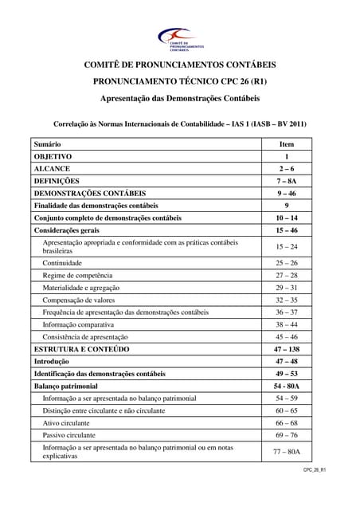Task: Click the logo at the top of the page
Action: pyautogui.click(x=180, y=37)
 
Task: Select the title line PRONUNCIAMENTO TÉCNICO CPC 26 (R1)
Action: pyautogui.click(x=179, y=82)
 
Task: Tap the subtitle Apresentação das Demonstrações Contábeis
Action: pyautogui.click(x=179, y=99)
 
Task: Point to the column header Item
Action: pyautogui.click(x=287, y=144)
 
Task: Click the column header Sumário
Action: pyautogui.click(x=48, y=144)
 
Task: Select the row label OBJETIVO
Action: pyautogui.click(x=53, y=157)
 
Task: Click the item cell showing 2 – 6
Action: pyautogui.click(x=287, y=169)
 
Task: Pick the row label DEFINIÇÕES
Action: pyautogui.click(x=56, y=181)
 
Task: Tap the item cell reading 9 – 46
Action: pyautogui.click(x=287, y=193)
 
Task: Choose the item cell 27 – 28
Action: pyautogui.click(x=287, y=275)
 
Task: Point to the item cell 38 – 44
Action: pyautogui.click(x=287, y=324)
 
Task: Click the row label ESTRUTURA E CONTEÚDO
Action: pyautogui.click(x=81, y=349)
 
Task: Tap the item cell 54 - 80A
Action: pyautogui.click(x=287, y=386)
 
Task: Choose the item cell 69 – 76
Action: pyautogui.click(x=287, y=435)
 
